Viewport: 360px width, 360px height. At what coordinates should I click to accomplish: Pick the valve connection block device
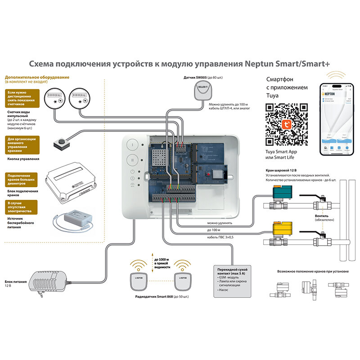pyautogui.click(x=72, y=181)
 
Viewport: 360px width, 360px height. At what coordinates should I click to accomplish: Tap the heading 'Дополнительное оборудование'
pyautogui.click(x=37, y=77)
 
